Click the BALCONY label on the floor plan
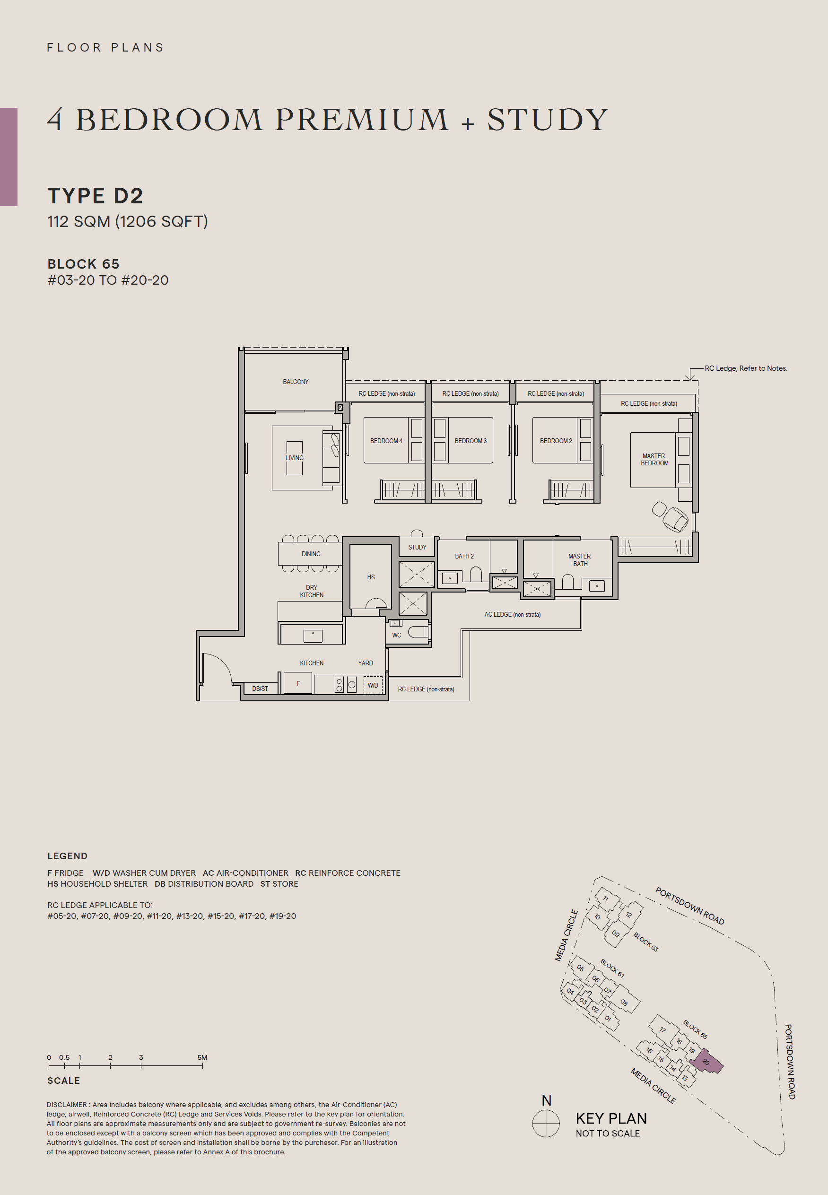(295, 382)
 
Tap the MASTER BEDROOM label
(654, 460)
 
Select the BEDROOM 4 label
(386, 441)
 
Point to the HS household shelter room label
(370, 577)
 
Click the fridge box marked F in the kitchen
(298, 683)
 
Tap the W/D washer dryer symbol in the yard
(373, 685)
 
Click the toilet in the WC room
(417, 631)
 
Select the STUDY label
(417, 547)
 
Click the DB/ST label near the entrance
(260, 689)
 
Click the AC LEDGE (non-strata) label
(512, 615)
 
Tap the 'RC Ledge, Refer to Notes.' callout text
(746, 368)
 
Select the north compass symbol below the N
(546, 1124)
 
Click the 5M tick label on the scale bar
(202, 1057)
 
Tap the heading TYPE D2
(95, 196)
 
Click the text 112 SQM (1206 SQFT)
(127, 221)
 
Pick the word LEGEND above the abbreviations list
(68, 856)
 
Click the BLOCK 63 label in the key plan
(645, 942)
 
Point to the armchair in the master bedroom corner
(675, 519)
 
